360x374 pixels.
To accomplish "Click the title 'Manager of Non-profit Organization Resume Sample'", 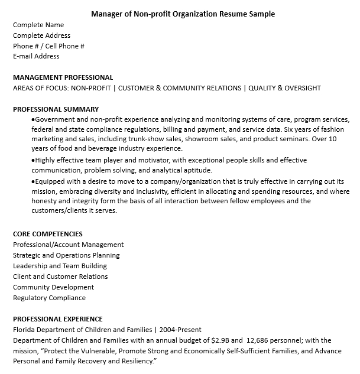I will point(183,14).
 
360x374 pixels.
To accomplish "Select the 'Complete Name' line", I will point(38,25).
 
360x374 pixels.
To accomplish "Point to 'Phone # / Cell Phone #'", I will point(48,46).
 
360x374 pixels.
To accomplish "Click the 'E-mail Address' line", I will point(36,57).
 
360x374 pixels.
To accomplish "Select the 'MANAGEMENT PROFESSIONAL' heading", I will point(63,77).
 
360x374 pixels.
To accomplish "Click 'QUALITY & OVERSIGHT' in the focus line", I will point(284,88).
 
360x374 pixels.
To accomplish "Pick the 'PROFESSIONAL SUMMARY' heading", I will point(56,109).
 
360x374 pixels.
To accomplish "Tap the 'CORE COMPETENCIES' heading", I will point(48,234).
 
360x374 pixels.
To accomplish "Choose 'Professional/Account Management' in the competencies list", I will point(68,245).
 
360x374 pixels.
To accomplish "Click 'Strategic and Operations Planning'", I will point(66,255).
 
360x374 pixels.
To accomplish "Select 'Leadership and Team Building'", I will point(60,266).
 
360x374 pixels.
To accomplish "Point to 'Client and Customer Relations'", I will point(60,277).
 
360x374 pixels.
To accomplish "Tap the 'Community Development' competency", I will point(53,287).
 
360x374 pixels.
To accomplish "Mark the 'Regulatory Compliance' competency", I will point(49,298).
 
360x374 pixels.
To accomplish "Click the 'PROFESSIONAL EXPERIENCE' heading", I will point(58,319).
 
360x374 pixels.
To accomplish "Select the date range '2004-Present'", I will point(180,330).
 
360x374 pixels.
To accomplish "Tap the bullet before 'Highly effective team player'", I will point(33,161).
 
